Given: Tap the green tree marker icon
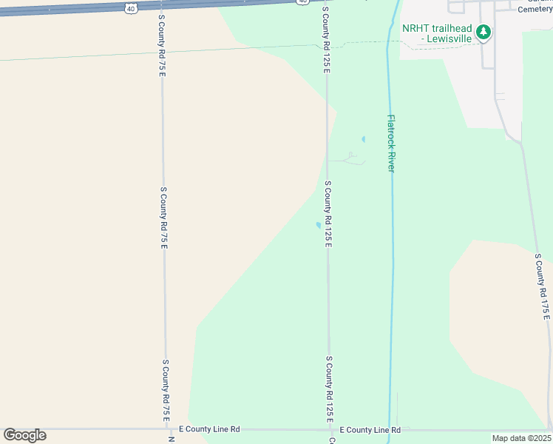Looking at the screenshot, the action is click(484, 32).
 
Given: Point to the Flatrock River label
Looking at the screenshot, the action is click(391, 144).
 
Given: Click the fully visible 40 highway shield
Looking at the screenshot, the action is click(130, 7).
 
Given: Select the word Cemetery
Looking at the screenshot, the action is click(535, 9).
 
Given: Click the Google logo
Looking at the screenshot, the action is click(24, 435).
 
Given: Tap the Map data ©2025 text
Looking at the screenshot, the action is click(521, 438).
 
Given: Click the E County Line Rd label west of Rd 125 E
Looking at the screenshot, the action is click(210, 429).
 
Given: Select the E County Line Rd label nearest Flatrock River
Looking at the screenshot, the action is click(370, 430).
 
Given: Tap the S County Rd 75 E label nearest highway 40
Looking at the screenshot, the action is click(161, 44).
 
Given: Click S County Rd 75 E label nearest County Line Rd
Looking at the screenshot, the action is click(166, 390).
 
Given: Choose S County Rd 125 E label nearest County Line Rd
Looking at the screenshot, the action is click(329, 389).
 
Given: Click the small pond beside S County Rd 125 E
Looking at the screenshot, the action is click(319, 225).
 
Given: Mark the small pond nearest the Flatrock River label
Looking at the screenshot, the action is click(363, 139).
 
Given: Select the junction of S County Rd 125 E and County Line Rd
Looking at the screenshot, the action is click(330, 429).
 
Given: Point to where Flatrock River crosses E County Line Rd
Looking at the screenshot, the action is click(388, 429).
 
